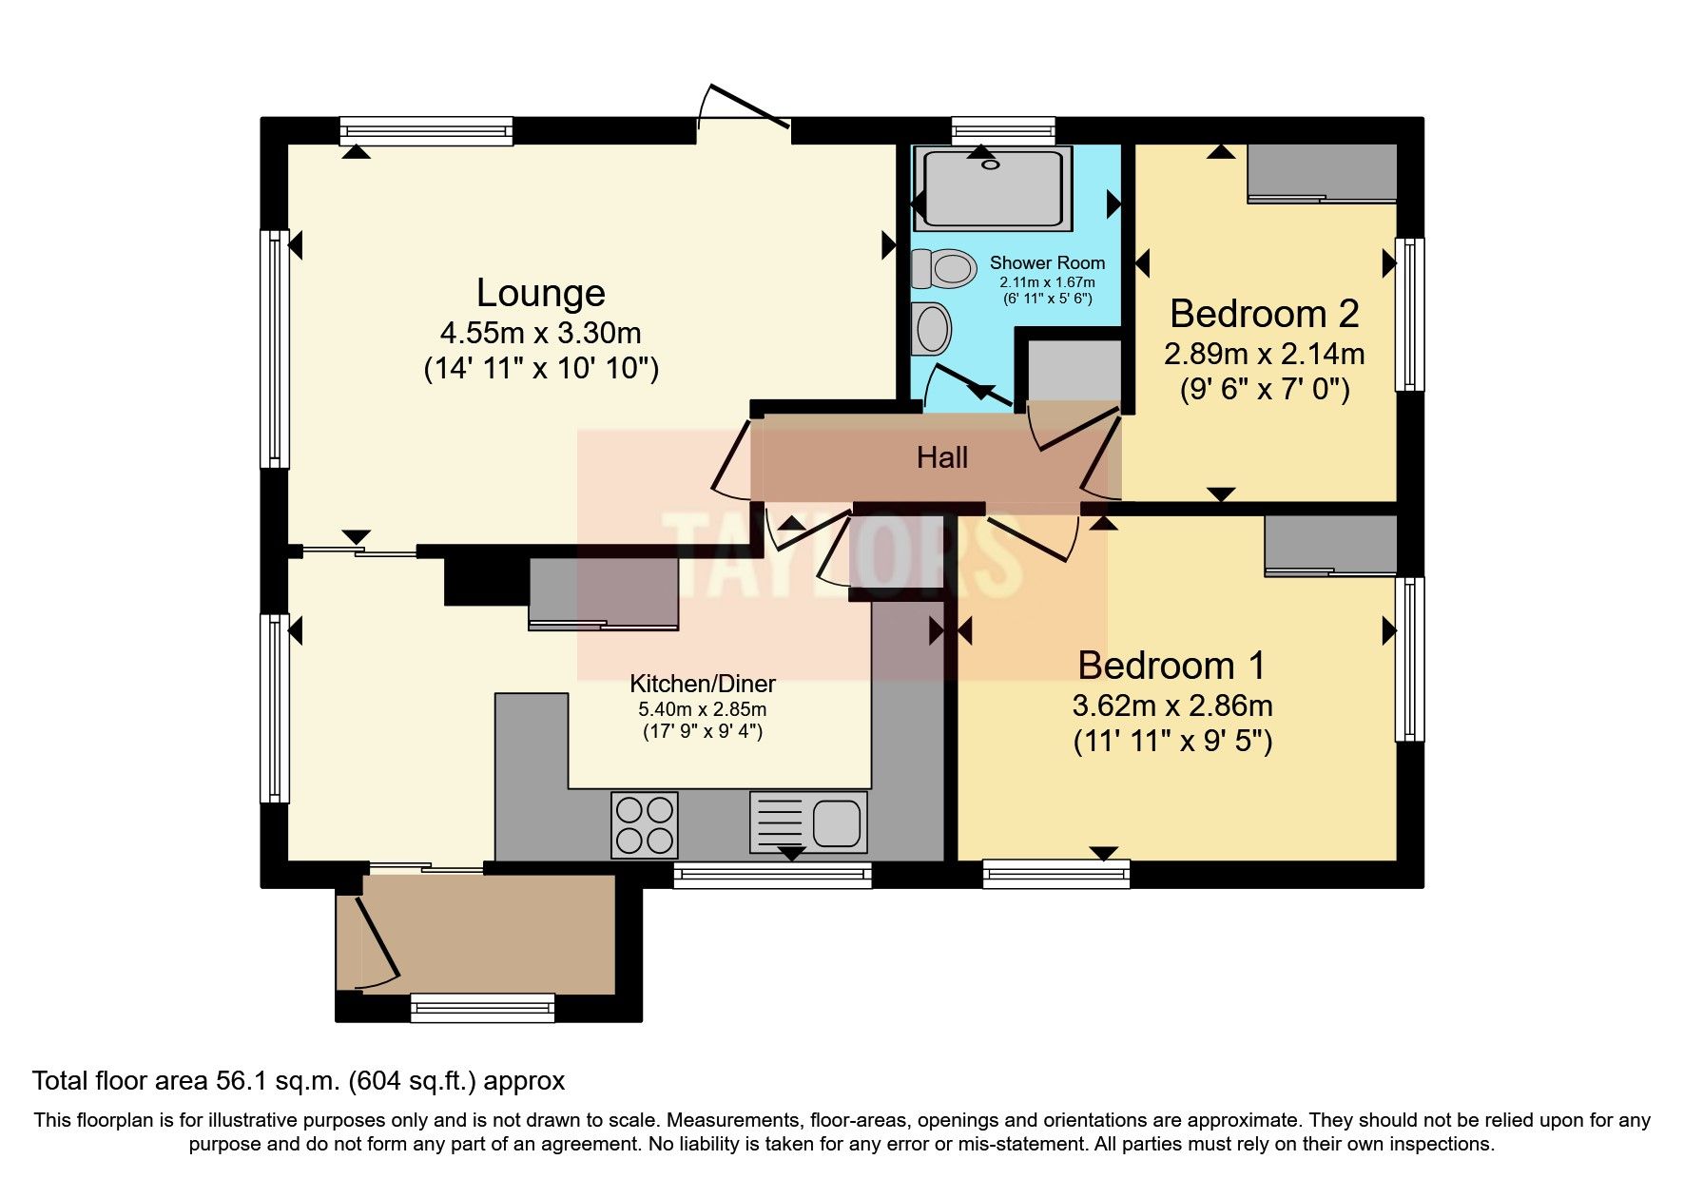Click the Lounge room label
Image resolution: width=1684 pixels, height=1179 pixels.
[x=540, y=293]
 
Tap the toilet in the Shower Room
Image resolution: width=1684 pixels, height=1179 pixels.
[x=943, y=268]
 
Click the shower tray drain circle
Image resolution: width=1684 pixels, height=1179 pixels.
[x=992, y=164]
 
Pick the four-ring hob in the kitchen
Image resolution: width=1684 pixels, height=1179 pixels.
[x=645, y=824]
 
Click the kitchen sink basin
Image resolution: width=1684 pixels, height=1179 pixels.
[x=837, y=822]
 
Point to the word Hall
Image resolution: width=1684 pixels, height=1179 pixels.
[x=941, y=458]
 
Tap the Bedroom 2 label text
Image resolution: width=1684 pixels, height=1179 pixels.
[x=1264, y=314]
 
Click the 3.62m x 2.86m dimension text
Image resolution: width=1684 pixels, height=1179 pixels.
[x=1171, y=705]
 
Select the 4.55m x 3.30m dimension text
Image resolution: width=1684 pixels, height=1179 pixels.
[x=540, y=334]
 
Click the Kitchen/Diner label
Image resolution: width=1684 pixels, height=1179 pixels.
[x=703, y=684]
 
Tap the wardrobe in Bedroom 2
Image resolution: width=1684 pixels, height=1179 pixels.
[x=1322, y=172]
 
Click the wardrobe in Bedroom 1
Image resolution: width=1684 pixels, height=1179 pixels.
[x=1330, y=544]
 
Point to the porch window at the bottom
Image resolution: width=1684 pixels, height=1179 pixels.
[x=482, y=1007]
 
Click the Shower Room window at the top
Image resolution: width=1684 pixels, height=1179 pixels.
[x=1003, y=130]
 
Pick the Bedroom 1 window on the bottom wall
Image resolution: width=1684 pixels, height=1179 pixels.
[x=1055, y=873]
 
